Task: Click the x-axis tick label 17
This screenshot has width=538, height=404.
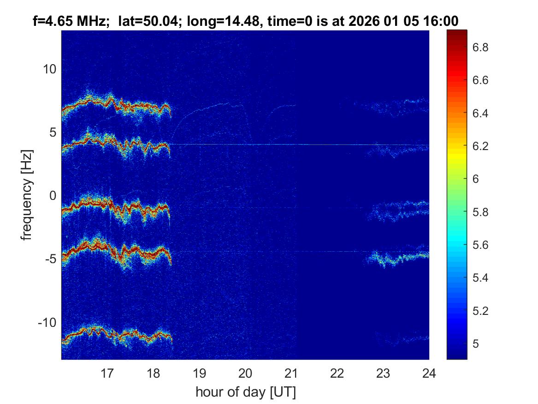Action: click(x=107, y=373)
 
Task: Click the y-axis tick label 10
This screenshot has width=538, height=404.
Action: click(x=49, y=69)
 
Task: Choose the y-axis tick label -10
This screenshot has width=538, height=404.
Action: click(x=47, y=322)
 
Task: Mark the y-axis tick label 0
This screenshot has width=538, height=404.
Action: click(x=52, y=196)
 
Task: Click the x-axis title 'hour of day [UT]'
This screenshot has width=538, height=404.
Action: click(x=245, y=392)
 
